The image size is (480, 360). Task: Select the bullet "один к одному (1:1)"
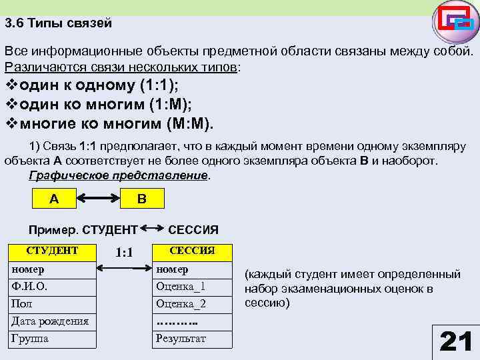pyautogui.click(x=93, y=86)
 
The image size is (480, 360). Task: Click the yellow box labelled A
pyautogui.click(x=54, y=198)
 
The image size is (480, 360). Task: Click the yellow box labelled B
pyautogui.click(x=141, y=198)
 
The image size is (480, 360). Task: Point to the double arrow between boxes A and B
pyautogui.click(x=97, y=198)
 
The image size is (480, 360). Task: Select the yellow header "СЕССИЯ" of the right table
pyautogui.click(x=192, y=251)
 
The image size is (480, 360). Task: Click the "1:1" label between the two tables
pyautogui.click(x=124, y=253)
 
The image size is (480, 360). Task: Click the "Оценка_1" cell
pyautogui.click(x=192, y=287)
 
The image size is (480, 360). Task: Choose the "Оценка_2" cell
pyautogui.click(x=192, y=304)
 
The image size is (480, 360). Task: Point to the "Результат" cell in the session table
pyautogui.click(x=192, y=339)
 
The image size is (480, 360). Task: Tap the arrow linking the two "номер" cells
pyautogui.click(x=124, y=269)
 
